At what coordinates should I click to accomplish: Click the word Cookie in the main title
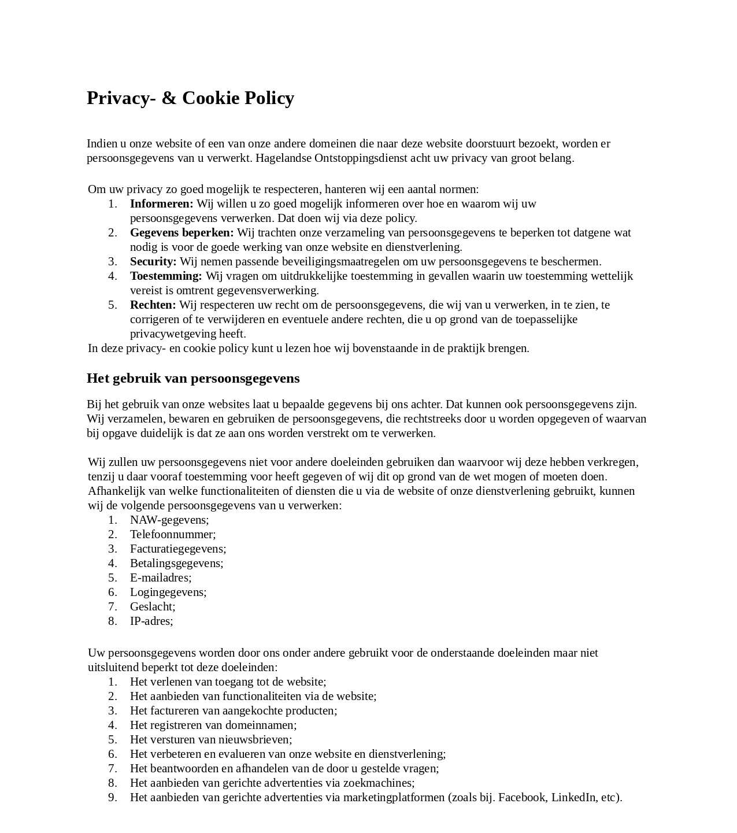pos(210,98)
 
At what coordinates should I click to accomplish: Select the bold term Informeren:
pos(161,203)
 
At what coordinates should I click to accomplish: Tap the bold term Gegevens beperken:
pos(182,232)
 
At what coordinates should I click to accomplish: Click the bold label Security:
pos(153,261)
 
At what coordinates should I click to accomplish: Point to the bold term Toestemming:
pos(166,276)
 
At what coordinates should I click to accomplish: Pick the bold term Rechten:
pos(153,305)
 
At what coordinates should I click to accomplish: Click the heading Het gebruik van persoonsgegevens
pos(193,378)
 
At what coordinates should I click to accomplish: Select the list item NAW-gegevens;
pos(169,520)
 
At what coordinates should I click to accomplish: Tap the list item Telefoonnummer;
pos(173,534)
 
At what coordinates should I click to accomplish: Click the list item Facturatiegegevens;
pos(178,549)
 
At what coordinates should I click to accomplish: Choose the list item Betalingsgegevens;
pos(176,563)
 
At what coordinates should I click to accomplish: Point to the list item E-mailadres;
pos(161,577)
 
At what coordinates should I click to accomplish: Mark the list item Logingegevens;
pos(168,592)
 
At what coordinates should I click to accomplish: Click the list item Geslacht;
pos(153,606)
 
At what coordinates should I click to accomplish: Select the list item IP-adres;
pos(151,621)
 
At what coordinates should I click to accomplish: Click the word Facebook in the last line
pos(522,797)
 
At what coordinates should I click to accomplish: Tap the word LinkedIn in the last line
pos(574,797)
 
